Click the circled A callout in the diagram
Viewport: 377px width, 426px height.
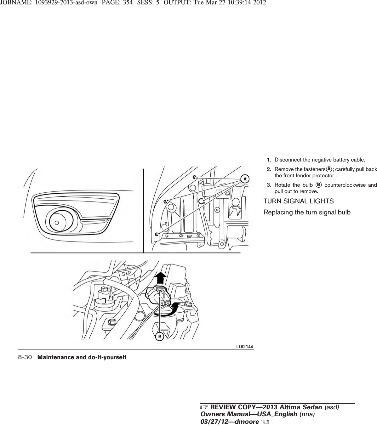click(x=244, y=179)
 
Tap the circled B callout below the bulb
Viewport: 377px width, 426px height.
click(x=160, y=337)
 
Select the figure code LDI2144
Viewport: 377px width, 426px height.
click(x=245, y=346)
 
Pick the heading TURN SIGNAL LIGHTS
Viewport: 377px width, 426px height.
click(x=299, y=201)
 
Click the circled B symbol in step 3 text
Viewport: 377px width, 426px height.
click(x=318, y=185)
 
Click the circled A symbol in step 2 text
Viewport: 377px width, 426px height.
click(x=328, y=169)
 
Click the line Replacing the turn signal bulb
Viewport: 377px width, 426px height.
click(x=307, y=212)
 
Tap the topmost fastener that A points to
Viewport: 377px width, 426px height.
click(x=195, y=177)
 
